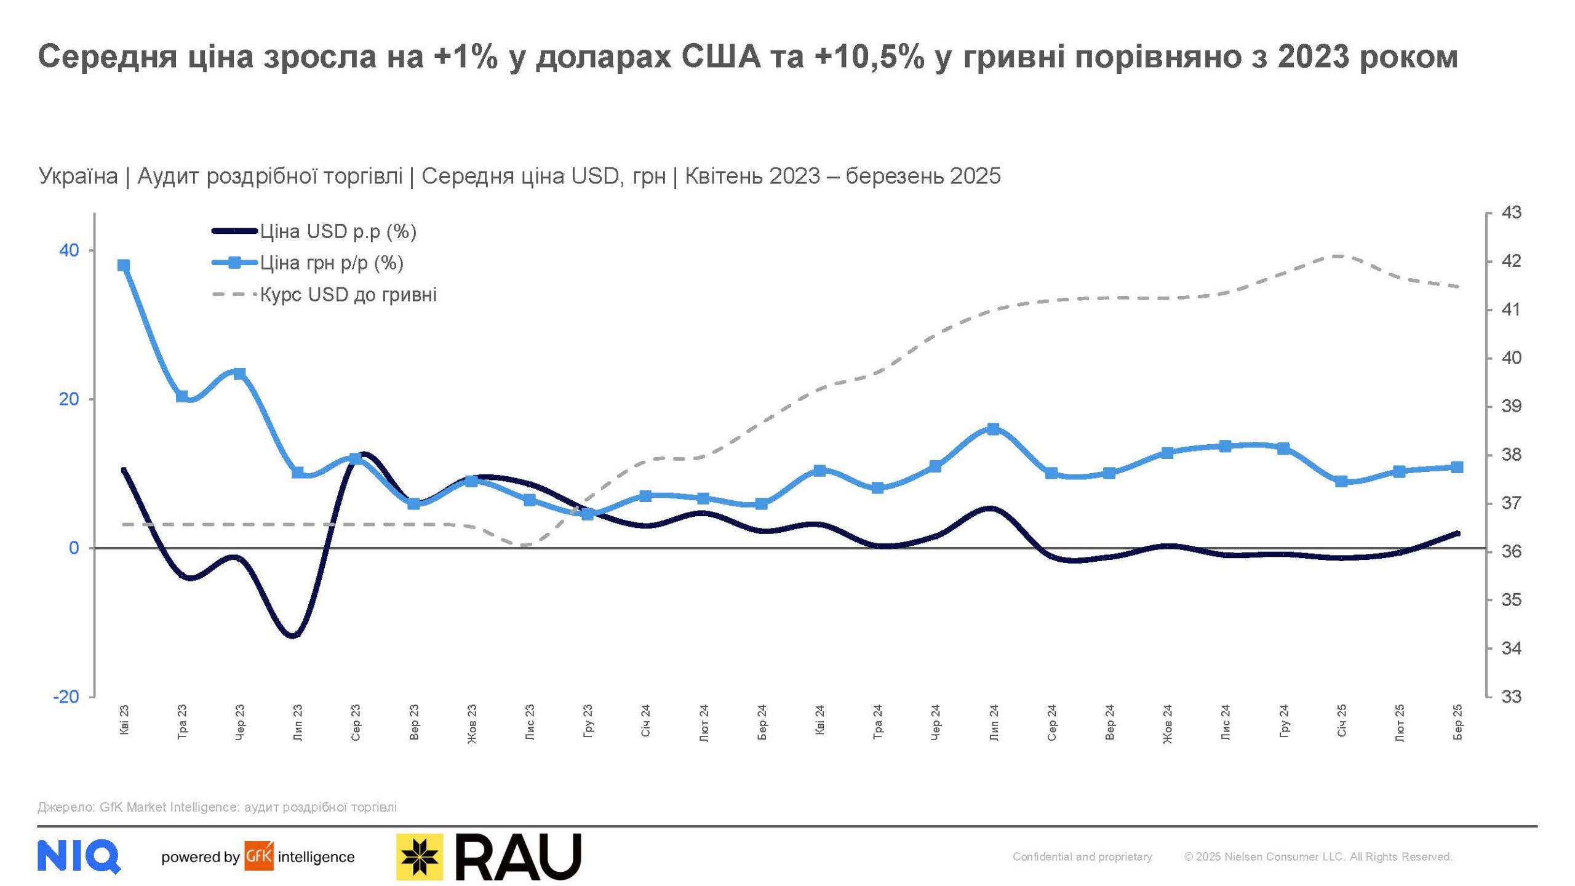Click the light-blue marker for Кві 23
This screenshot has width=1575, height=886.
pyautogui.click(x=124, y=266)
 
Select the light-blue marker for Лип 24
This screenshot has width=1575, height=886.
pyautogui.click(x=993, y=429)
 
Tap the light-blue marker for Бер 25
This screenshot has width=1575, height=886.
pyautogui.click(x=1457, y=468)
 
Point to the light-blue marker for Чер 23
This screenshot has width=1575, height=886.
pyautogui.click(x=239, y=374)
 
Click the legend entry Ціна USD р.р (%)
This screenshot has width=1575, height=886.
pyautogui.click(x=338, y=232)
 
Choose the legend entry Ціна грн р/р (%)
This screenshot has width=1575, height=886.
pyautogui.click(x=332, y=263)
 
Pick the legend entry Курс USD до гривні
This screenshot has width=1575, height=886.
pyautogui.click(x=348, y=295)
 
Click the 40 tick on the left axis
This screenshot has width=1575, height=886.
pyautogui.click(x=69, y=250)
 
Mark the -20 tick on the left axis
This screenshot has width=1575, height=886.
pyautogui.click(x=66, y=697)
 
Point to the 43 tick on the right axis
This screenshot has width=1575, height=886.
pyautogui.click(x=1511, y=213)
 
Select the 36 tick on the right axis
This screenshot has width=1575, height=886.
pyautogui.click(x=1511, y=551)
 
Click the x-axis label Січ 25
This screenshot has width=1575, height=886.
pyautogui.click(x=1342, y=721)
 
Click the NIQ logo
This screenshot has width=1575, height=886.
pyautogui.click(x=79, y=856)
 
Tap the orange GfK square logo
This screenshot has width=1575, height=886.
pyautogui.click(x=259, y=856)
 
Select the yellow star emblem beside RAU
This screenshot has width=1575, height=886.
pyautogui.click(x=420, y=856)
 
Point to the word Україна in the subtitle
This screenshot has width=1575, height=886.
pyautogui.click(x=78, y=177)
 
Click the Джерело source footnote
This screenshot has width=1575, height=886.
pyautogui.click(x=217, y=807)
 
